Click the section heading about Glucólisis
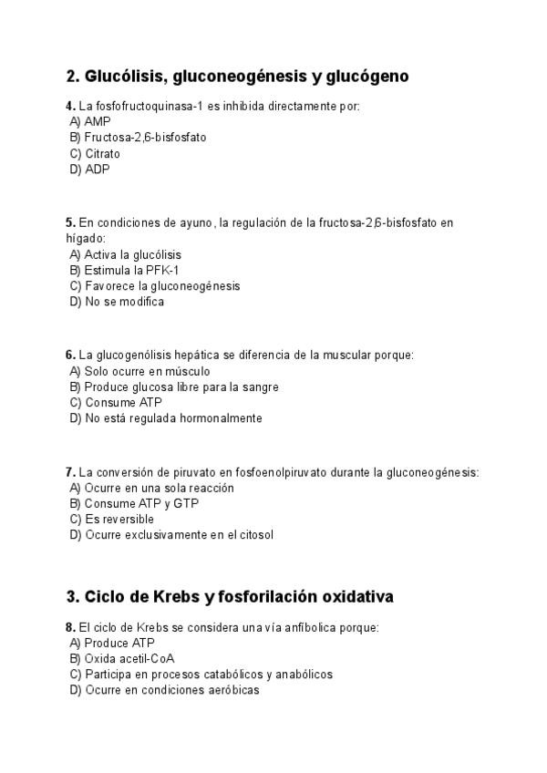[x=237, y=77]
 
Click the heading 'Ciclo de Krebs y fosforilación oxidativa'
[x=230, y=597]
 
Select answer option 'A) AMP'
[x=90, y=121]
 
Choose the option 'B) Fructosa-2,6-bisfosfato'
[x=138, y=138]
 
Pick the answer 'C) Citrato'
[x=95, y=154]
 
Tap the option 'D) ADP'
[x=89, y=170]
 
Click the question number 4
[x=70, y=106]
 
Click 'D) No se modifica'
[x=117, y=302]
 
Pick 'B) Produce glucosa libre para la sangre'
[x=174, y=386]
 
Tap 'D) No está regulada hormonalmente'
[x=166, y=418]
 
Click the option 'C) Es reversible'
[x=112, y=519]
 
